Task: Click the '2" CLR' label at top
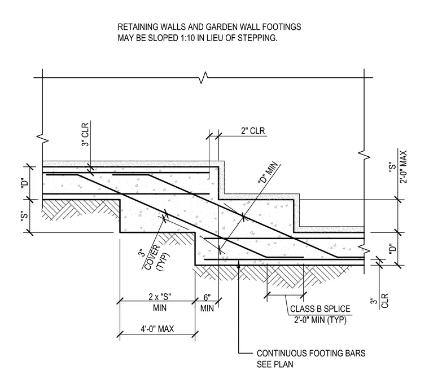click(x=253, y=131)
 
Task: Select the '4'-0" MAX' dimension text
click(x=157, y=329)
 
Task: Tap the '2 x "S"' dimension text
click(x=160, y=297)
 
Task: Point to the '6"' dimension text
click(x=207, y=298)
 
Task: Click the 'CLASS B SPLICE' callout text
click(x=320, y=309)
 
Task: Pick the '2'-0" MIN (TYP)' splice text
click(x=320, y=320)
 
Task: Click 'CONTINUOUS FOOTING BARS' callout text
click(x=311, y=353)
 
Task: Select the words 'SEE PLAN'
click(x=275, y=364)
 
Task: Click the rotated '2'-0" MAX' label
click(x=403, y=167)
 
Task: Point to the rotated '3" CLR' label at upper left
click(x=85, y=135)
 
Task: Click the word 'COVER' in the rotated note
click(x=152, y=257)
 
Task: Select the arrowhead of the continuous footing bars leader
click(x=239, y=263)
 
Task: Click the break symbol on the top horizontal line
click(x=204, y=78)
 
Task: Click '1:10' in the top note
click(x=187, y=38)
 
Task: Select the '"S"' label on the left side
click(x=25, y=217)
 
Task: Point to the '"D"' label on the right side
click(x=393, y=249)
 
